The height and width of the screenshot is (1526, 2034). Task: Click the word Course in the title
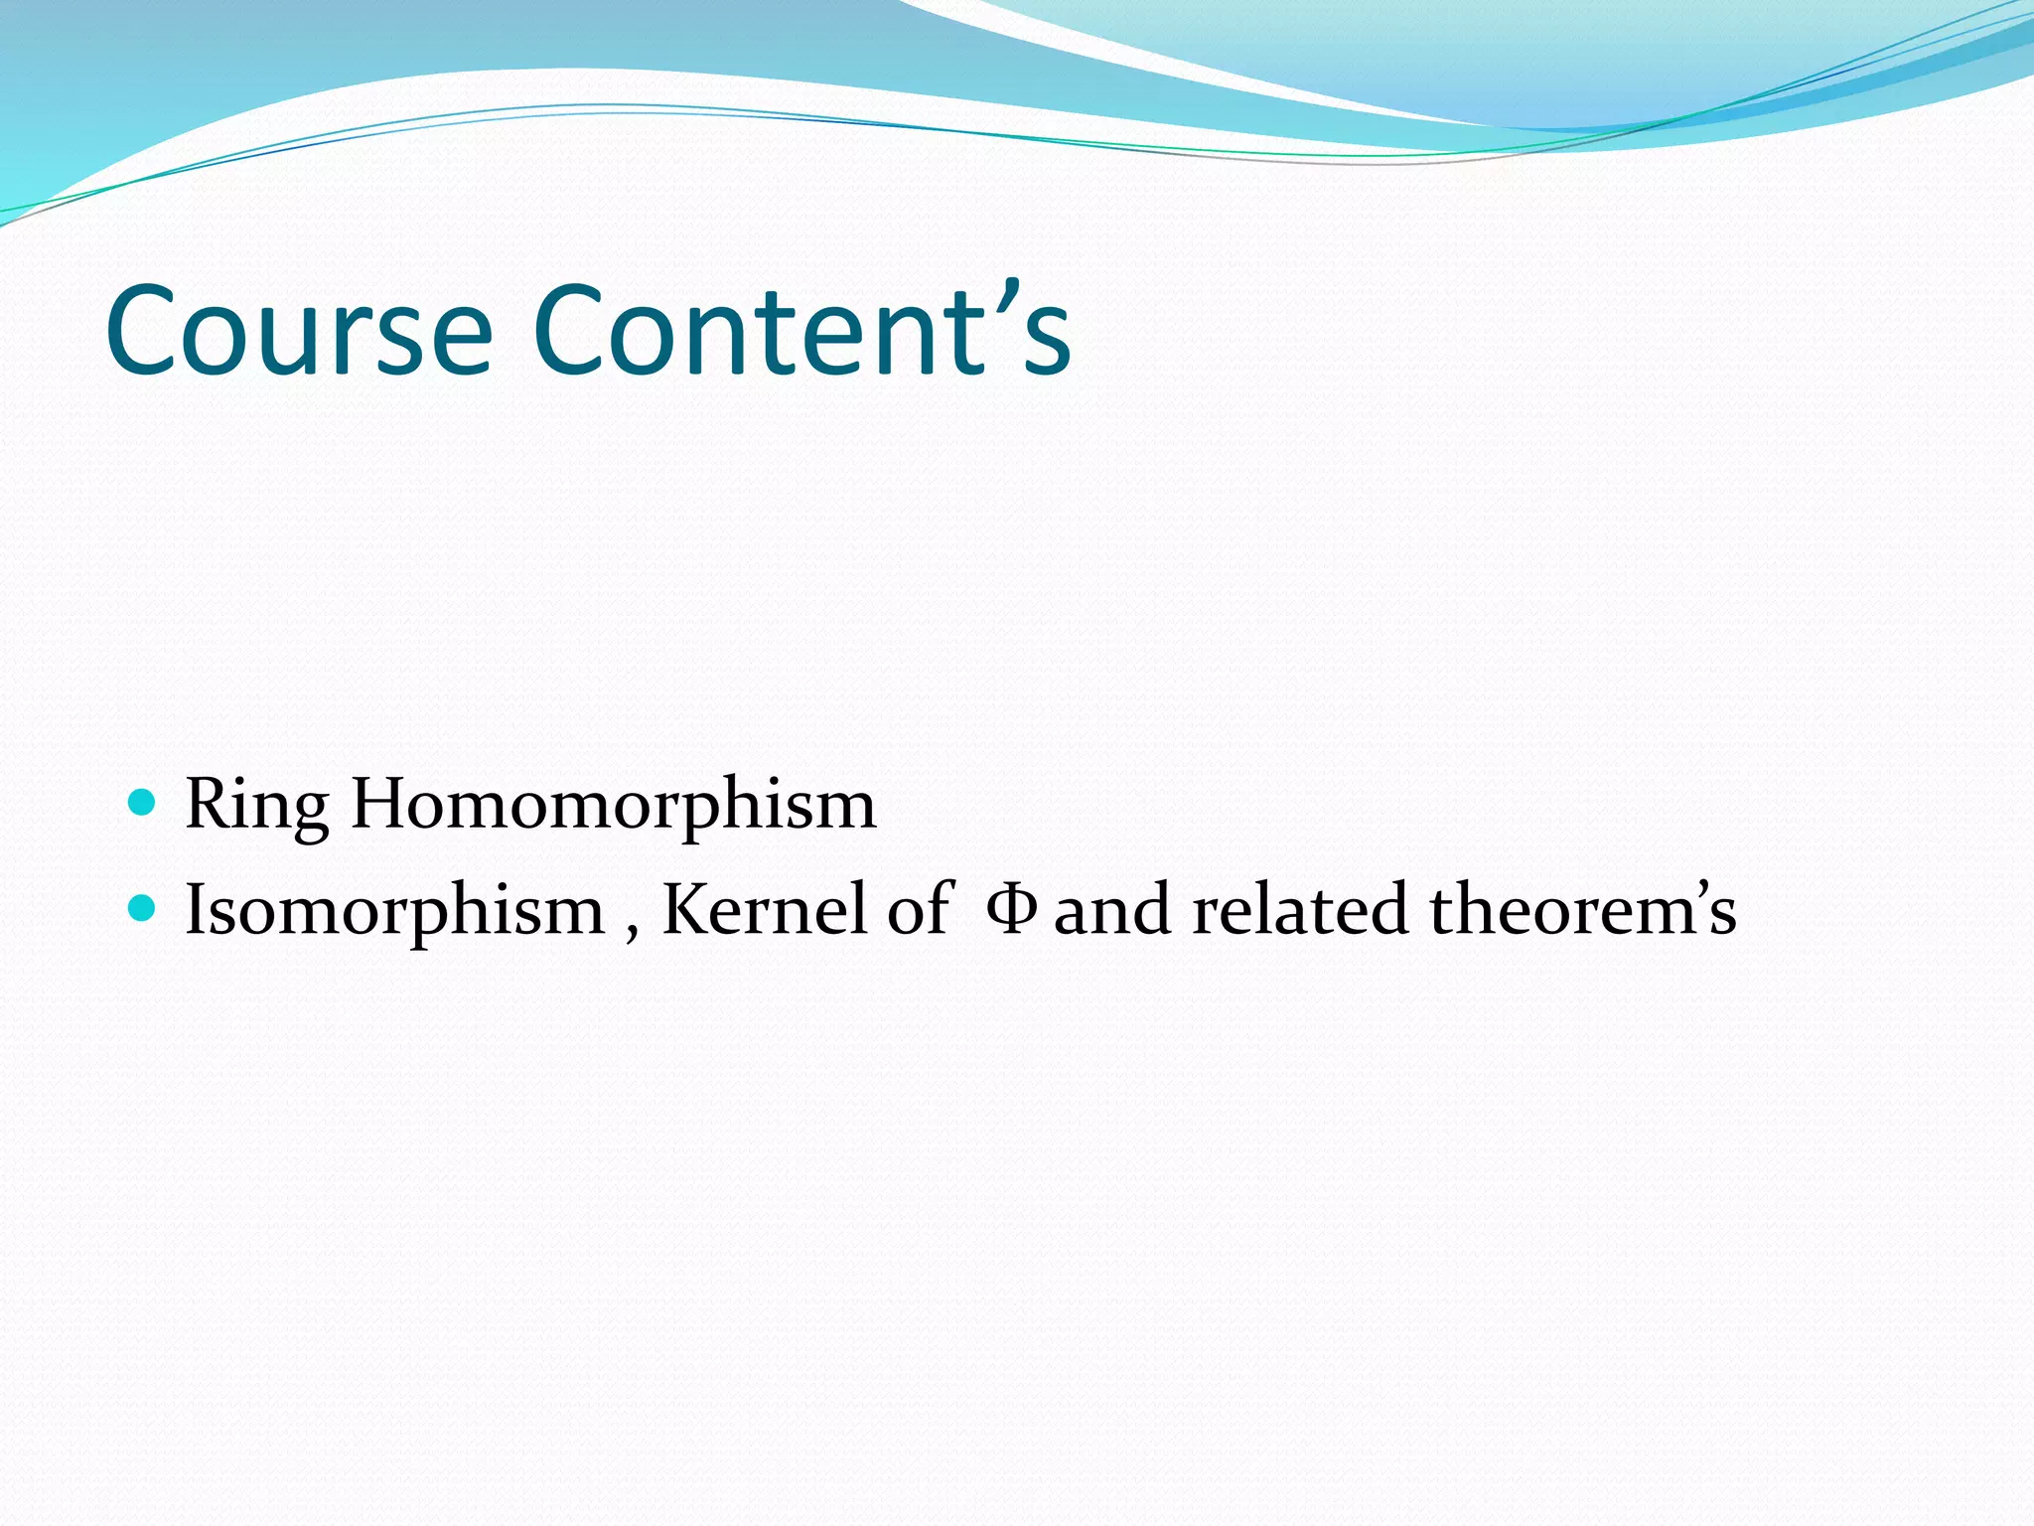click(298, 330)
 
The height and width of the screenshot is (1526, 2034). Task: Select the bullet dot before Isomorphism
click(143, 907)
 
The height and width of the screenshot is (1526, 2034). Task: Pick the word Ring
click(257, 805)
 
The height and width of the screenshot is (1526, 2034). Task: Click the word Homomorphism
click(614, 805)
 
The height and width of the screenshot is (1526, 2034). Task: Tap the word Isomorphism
click(395, 910)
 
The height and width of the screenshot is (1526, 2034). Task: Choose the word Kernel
click(764, 910)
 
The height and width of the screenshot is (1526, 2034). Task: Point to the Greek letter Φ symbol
click(1012, 909)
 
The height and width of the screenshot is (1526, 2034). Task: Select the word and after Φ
click(1111, 910)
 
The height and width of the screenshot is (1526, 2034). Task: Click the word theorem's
click(1582, 910)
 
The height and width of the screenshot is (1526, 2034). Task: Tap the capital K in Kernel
click(686, 909)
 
